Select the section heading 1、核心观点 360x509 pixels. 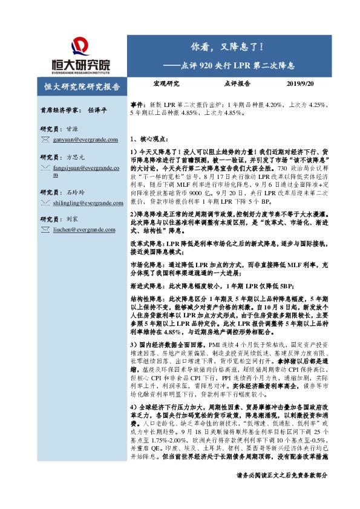click(149, 138)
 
